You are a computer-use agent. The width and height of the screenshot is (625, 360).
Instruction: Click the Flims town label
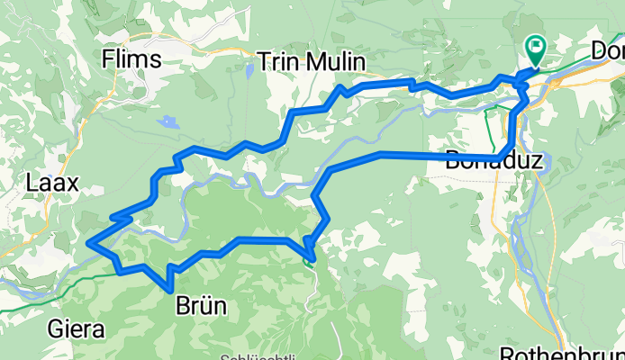pos(131,59)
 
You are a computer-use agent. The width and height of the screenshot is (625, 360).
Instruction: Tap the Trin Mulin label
pos(311,62)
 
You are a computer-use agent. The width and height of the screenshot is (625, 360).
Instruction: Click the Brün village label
pos(203,308)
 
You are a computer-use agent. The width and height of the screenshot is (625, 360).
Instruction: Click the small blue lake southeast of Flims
pos(167,120)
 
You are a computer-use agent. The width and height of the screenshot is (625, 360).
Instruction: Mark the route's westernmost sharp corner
pos(87,241)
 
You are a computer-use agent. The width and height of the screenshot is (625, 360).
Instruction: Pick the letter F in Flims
pos(110,59)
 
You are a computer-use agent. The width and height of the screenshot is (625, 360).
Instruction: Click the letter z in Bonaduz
pos(538,161)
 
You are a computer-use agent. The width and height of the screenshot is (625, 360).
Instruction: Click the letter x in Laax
pos(73,184)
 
